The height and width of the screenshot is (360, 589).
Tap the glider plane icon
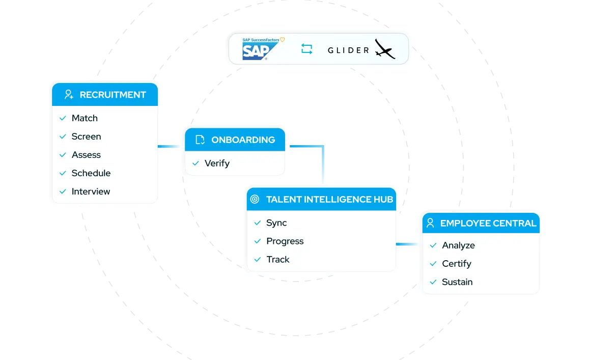pos(384,49)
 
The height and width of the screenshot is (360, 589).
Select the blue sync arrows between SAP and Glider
pos(306,49)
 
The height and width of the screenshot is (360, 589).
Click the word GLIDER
pos(348,50)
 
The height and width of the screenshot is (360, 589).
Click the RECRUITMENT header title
pos(113,95)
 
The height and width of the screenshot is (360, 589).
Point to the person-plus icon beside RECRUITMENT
pos(69,95)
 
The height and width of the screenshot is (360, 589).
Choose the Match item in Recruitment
pos(85,118)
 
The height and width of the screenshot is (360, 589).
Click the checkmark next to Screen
pos(63,136)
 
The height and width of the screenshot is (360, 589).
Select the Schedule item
pos(91,173)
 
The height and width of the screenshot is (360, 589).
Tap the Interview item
pos(91,191)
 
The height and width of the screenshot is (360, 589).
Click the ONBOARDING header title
pos(243,140)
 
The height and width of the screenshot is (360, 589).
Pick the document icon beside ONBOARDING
pos(200,140)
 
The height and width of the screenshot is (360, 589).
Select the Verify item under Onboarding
pos(217,163)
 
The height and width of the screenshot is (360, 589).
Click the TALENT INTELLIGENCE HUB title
pos(329,200)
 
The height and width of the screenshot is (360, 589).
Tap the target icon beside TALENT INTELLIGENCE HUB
pos(255,200)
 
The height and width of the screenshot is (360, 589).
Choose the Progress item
pos(285,241)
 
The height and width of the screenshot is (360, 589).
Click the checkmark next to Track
pos(257,260)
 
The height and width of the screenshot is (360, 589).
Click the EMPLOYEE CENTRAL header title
pos(488,224)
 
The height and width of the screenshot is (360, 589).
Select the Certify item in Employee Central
pos(457,264)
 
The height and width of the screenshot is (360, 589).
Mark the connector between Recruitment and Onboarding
pos(170,147)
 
